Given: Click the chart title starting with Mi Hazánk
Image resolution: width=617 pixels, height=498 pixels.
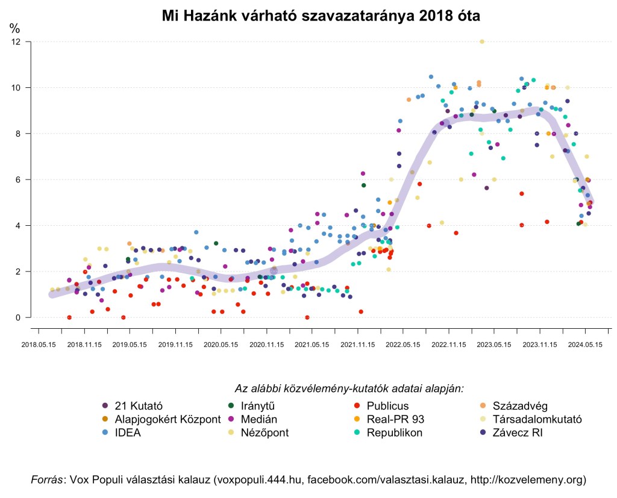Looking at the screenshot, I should (x=321, y=16).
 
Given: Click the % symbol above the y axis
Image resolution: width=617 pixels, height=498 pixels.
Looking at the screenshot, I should (x=14, y=28).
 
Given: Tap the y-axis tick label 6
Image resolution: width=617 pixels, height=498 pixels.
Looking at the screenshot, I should (x=18, y=179).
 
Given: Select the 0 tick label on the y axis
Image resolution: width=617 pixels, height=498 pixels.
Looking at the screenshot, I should (x=18, y=317).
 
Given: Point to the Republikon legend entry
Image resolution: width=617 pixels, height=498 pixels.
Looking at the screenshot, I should (x=394, y=432).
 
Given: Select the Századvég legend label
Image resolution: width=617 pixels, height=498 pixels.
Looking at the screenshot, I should (x=520, y=405).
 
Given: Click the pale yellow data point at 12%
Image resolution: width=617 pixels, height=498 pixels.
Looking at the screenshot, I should (x=481, y=42).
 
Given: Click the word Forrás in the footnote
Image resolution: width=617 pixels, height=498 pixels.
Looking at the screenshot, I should (x=47, y=480).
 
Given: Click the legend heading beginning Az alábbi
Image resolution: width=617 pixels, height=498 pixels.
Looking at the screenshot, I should (x=349, y=388).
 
